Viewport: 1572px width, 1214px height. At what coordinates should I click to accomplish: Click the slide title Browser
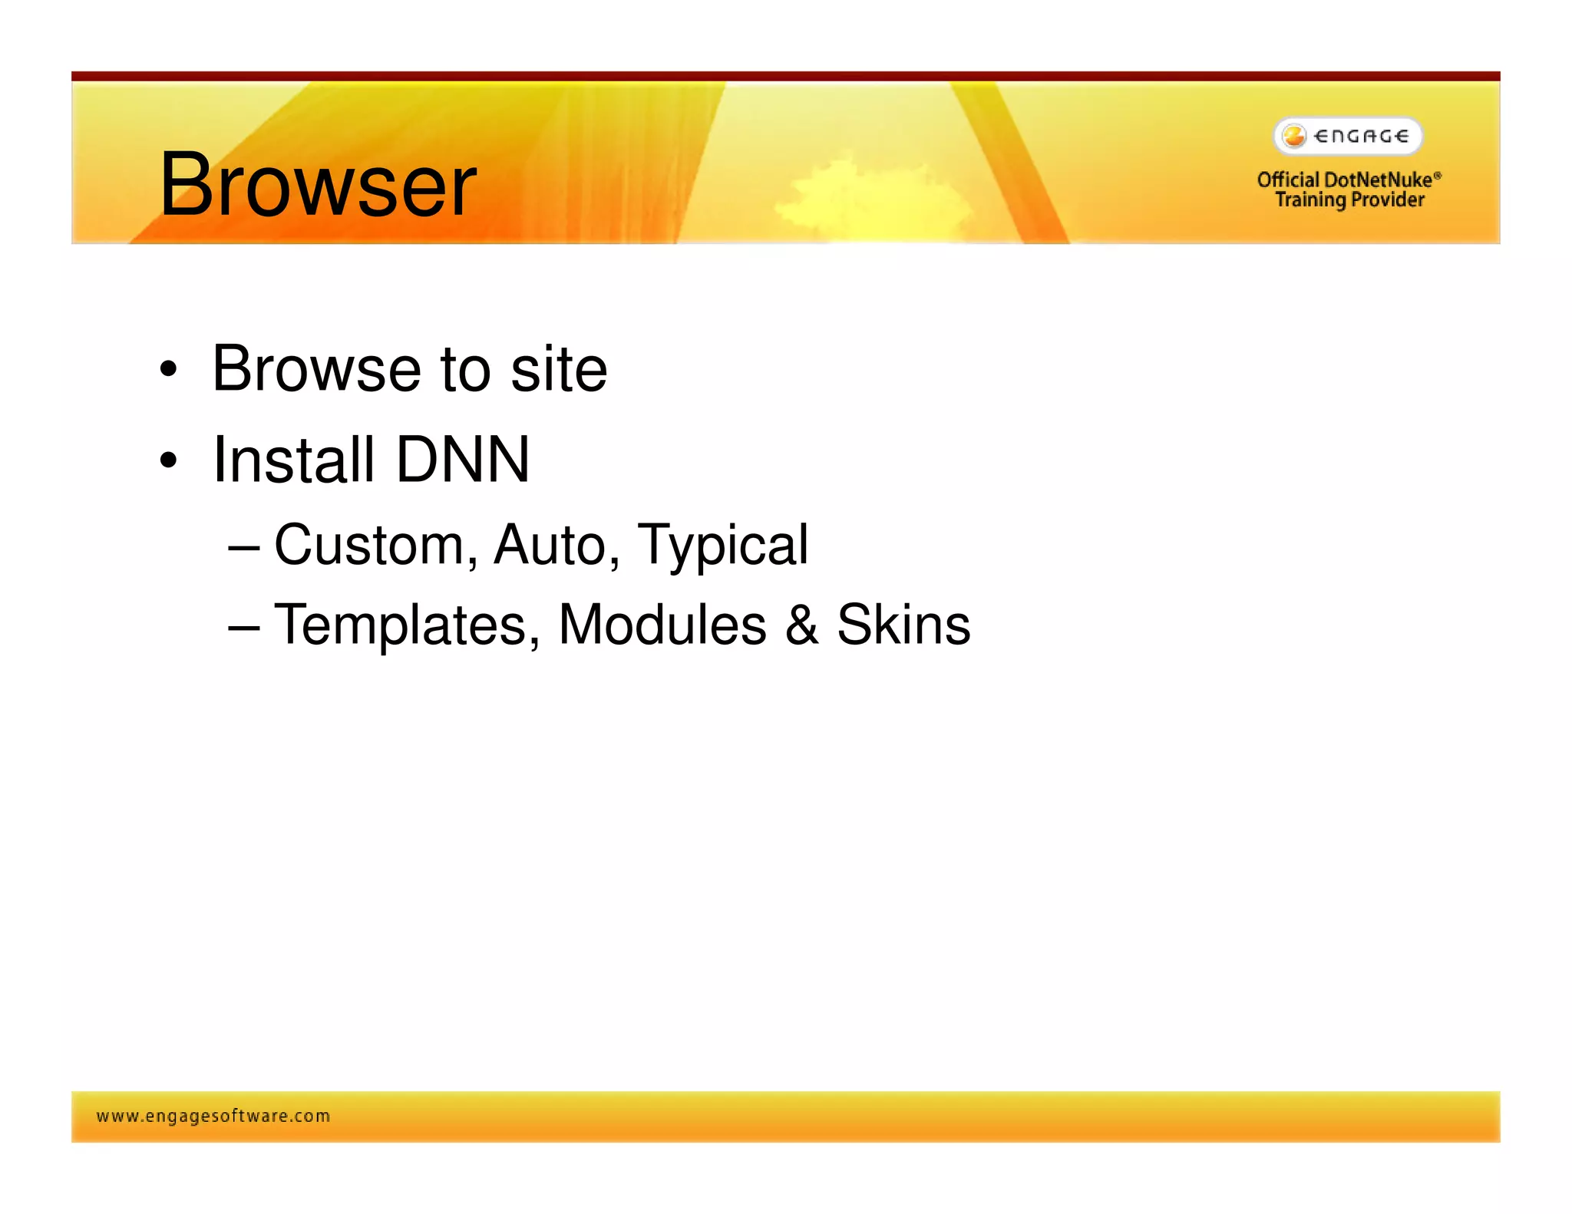318,184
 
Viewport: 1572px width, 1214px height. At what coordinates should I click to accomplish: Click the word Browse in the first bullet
315,369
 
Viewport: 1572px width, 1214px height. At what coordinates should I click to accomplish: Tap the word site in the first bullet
558,369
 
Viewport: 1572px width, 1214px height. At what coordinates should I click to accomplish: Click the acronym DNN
462,460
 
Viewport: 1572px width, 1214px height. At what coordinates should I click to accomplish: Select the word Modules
662,625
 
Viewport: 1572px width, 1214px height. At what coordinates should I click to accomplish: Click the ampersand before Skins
801,625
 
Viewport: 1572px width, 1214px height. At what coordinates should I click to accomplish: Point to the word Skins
903,625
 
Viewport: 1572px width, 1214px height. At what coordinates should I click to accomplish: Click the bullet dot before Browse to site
168,371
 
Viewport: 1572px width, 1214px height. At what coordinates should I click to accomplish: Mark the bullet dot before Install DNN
168,461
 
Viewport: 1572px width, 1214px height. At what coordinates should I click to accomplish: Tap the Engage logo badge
1348,137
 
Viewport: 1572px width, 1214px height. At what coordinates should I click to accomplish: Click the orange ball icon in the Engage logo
1294,137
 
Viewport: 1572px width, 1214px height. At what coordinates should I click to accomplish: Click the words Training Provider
1349,200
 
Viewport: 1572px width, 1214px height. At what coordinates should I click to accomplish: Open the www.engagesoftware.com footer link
213,1116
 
